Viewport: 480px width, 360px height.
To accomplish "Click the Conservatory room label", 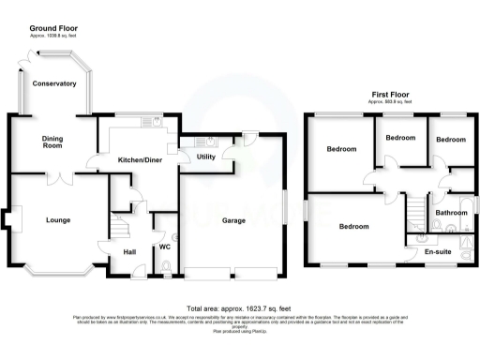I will point(53,84).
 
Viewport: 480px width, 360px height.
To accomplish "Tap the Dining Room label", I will point(52,142).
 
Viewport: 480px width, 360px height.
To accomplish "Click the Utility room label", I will point(206,157).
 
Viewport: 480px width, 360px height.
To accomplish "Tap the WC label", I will point(164,247).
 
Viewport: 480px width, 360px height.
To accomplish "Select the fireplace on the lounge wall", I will point(7,221).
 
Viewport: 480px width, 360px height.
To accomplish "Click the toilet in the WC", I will point(166,270).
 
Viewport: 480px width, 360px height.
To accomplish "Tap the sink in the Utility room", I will point(208,141).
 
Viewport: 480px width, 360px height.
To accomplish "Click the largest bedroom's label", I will point(353,227).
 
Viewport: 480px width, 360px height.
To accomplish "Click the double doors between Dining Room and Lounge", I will point(59,175).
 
